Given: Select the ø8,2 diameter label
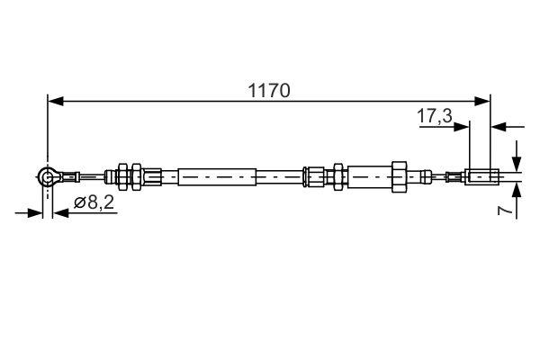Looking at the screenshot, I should click(x=94, y=203).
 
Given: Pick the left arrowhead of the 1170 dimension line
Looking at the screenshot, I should click(x=54, y=101).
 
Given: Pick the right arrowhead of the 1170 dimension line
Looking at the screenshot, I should click(x=484, y=101).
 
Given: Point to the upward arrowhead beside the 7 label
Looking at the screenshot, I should click(x=517, y=191).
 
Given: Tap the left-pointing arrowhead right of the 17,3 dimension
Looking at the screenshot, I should click(x=499, y=125).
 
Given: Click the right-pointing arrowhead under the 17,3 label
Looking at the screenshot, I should click(x=463, y=125).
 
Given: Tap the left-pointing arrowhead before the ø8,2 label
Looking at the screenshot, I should click(x=58, y=213).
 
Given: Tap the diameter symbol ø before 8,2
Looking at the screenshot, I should click(x=78, y=204).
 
